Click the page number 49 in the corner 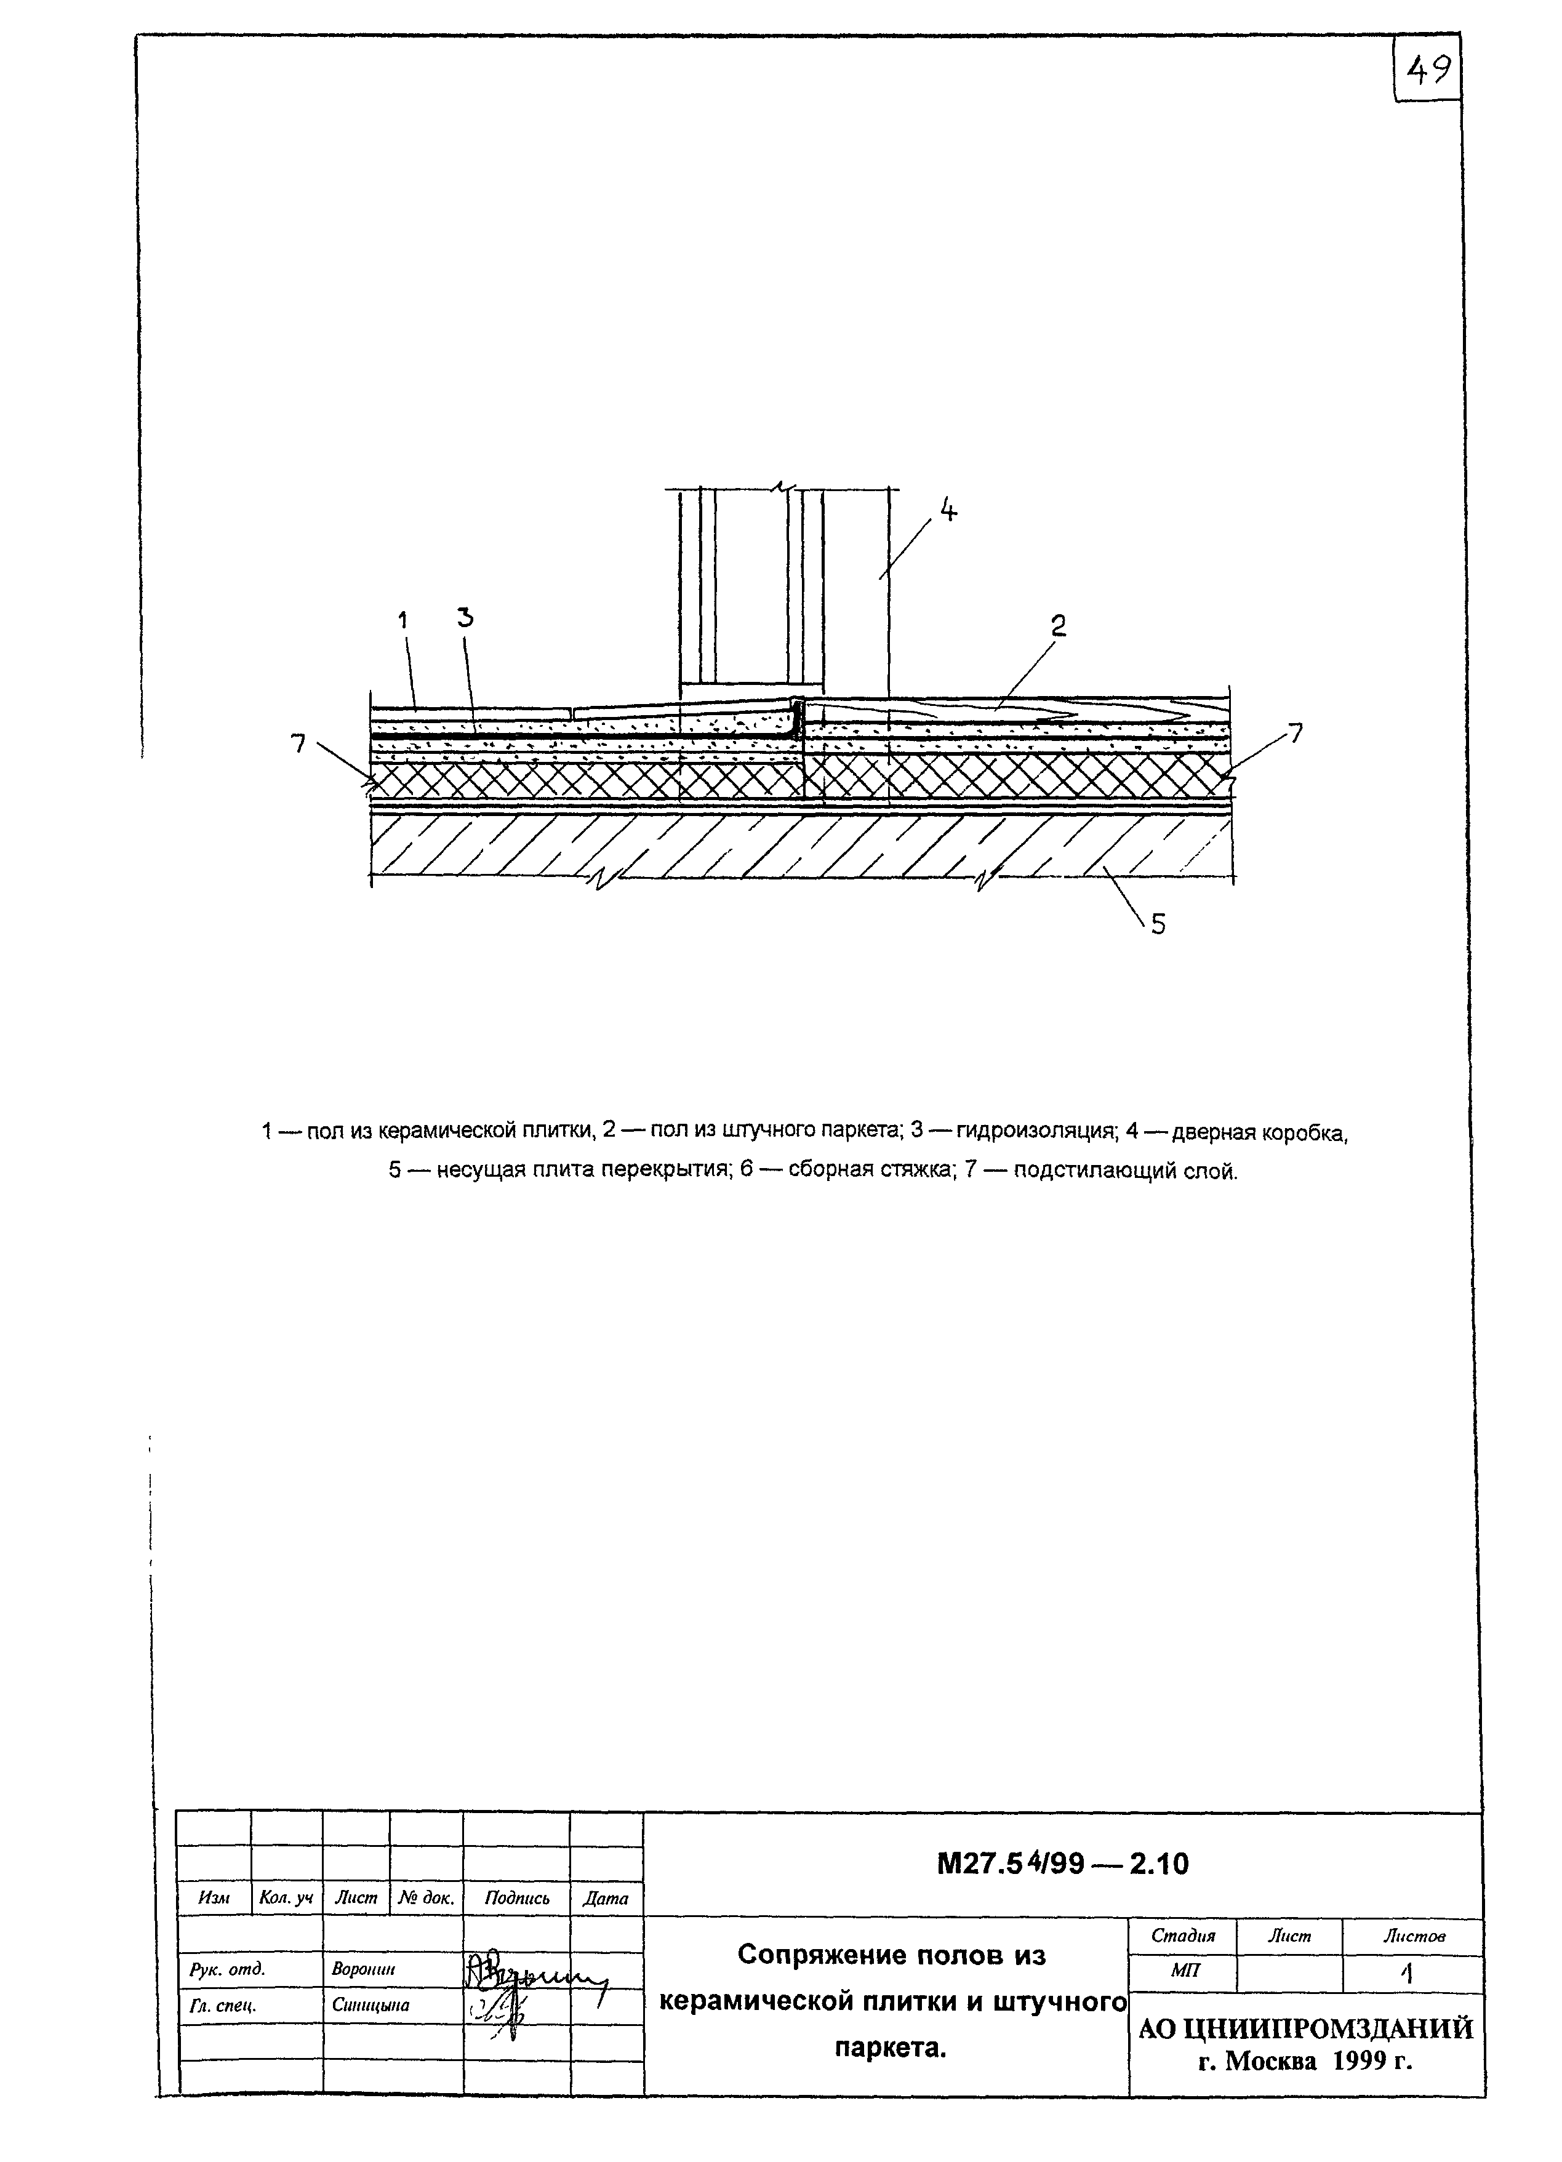(x=1428, y=70)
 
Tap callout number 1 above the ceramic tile (x=402, y=620)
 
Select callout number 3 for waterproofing (x=465, y=618)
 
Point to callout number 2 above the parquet (x=1058, y=625)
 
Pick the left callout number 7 (x=299, y=743)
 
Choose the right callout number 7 (x=1294, y=733)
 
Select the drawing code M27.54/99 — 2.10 (x=1063, y=1864)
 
